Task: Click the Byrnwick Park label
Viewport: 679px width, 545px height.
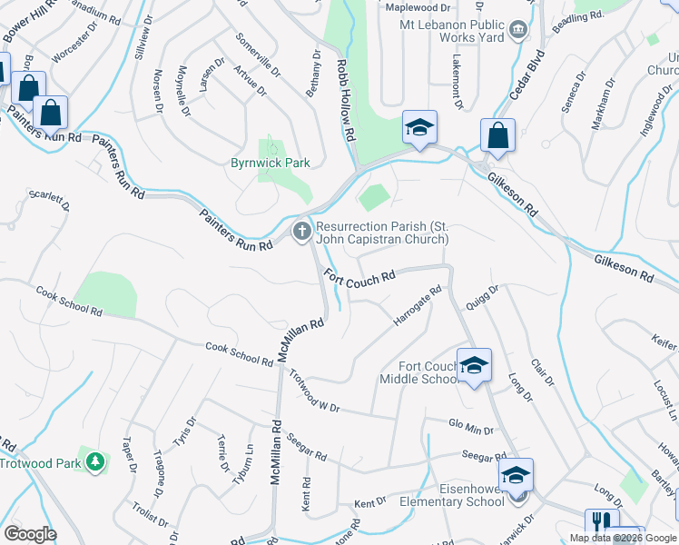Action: coord(270,163)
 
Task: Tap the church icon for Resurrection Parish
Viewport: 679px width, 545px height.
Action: coord(302,233)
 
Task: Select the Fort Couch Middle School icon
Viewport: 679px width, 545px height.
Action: coord(474,366)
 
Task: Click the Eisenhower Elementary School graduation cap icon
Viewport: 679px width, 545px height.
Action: coord(516,476)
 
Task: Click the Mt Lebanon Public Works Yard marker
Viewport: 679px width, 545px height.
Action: coord(518,31)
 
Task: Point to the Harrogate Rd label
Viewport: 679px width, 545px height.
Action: coord(418,307)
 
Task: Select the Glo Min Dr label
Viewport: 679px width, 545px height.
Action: coord(471,426)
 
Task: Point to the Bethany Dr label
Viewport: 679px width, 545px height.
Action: coord(314,72)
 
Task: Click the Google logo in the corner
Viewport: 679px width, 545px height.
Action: coord(30,534)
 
